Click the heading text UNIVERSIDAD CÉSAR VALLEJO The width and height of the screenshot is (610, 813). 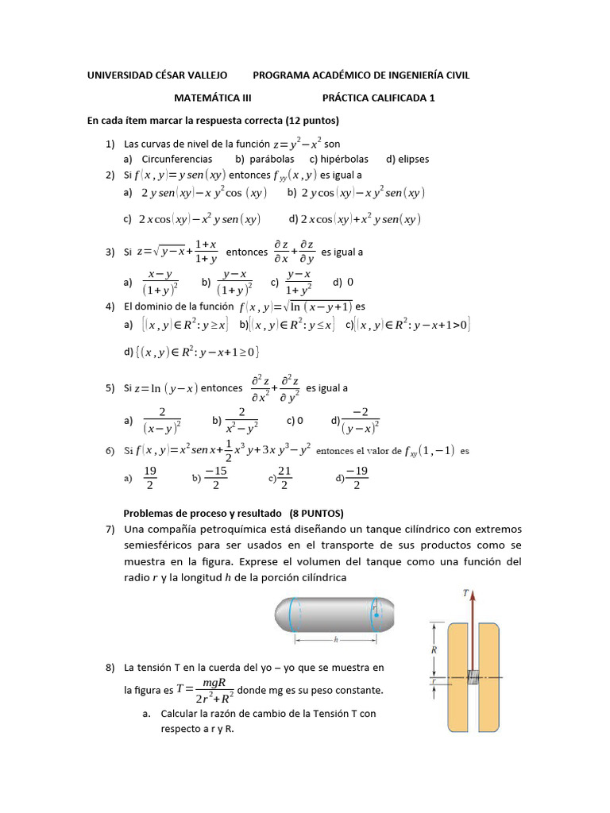(x=157, y=75)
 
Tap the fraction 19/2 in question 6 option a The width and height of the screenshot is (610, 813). (x=150, y=479)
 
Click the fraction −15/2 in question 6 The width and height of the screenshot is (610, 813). (x=216, y=479)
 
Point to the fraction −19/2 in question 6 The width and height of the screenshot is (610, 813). (x=357, y=479)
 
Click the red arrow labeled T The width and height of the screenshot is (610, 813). (x=473, y=635)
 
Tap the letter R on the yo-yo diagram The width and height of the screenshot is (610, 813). (x=434, y=649)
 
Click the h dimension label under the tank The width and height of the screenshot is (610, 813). (x=336, y=639)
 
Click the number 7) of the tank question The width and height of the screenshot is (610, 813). (x=110, y=530)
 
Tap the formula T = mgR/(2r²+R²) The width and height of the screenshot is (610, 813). (x=205, y=690)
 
